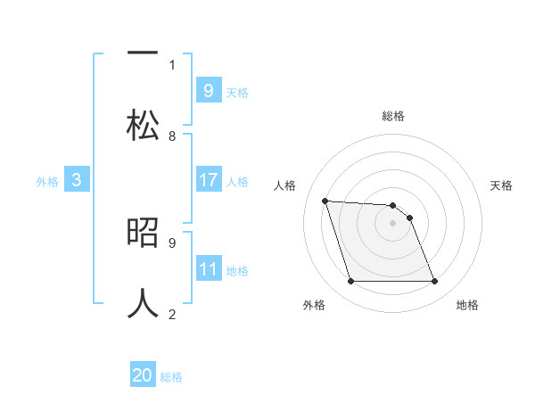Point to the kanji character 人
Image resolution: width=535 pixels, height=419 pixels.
pyautogui.click(x=143, y=303)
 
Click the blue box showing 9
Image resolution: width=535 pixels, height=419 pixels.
pyautogui.click(x=208, y=90)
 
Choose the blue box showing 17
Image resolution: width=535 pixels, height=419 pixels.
pyautogui.click(x=209, y=180)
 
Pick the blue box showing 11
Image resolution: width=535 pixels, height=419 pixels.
pyautogui.click(x=209, y=269)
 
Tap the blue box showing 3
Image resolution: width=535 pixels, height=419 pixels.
pyautogui.click(x=77, y=180)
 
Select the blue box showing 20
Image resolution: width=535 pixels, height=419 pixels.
pyautogui.click(x=143, y=376)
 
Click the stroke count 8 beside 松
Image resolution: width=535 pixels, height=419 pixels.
pyautogui.click(x=172, y=136)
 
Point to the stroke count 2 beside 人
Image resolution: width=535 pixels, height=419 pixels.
pyautogui.click(x=172, y=314)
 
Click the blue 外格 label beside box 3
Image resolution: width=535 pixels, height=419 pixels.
pyautogui.click(x=47, y=181)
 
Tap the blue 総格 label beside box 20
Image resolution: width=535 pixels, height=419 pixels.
pyautogui.click(x=171, y=377)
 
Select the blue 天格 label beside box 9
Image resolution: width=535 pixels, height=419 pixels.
pyautogui.click(x=237, y=92)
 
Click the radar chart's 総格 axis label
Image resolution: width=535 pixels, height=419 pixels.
pyautogui.click(x=393, y=116)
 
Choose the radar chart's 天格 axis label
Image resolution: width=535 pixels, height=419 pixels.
pyautogui.click(x=501, y=185)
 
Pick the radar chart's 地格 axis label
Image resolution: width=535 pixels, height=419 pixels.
pyautogui.click(x=467, y=305)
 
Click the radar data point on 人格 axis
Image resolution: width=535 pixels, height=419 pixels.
pyautogui.click(x=325, y=201)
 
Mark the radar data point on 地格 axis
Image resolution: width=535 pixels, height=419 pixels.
pyautogui.click(x=434, y=282)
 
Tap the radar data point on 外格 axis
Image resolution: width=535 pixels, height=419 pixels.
pyautogui.click(x=350, y=282)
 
